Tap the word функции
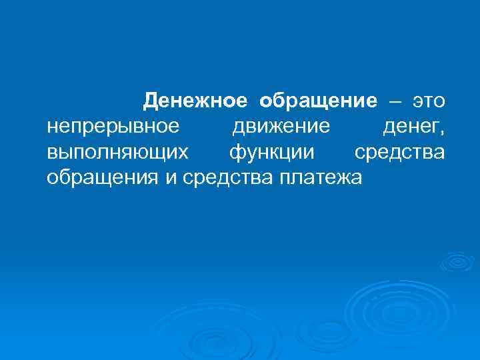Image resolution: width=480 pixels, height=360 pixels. (x=271, y=153)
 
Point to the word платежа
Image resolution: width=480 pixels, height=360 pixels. (x=321, y=178)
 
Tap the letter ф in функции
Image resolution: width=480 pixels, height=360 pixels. (x=236, y=153)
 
